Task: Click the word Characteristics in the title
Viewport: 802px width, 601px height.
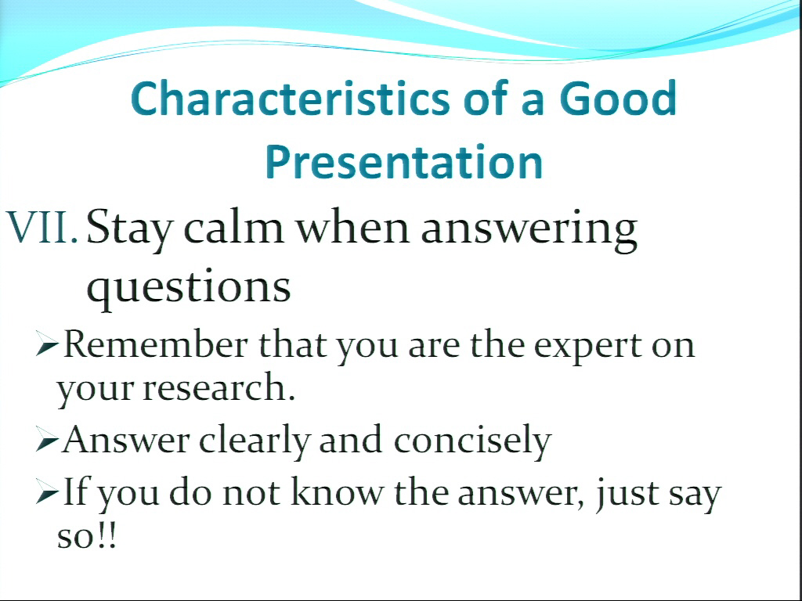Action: pos(291,98)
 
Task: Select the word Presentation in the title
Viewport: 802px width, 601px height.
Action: pos(404,161)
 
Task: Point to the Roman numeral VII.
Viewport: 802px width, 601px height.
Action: pos(42,227)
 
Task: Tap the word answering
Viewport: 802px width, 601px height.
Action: pos(529,230)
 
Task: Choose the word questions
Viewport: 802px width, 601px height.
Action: pos(189,288)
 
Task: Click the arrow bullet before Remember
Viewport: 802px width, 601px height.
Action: pos(48,344)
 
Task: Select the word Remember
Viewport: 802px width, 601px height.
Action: pos(156,344)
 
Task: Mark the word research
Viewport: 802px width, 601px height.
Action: pos(219,387)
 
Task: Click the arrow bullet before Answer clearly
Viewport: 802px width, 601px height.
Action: pos(48,440)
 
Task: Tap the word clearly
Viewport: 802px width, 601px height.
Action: pos(255,441)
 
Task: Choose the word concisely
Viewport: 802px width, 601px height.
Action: pos(472,441)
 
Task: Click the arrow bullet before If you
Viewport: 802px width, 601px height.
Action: pos(48,492)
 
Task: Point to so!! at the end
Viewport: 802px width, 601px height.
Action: pos(87,537)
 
